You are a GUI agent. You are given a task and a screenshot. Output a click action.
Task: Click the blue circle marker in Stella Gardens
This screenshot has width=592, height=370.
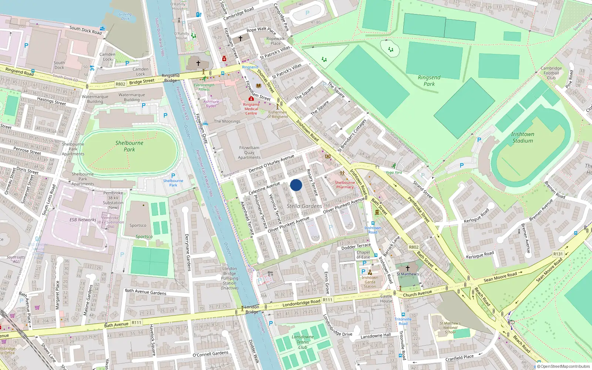click(x=296, y=185)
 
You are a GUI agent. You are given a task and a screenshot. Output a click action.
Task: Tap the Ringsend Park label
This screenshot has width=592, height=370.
click(x=429, y=81)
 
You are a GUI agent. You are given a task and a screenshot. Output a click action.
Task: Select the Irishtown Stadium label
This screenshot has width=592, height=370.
click(x=522, y=137)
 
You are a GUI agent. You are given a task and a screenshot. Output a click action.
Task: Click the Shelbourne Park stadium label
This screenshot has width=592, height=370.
click(x=129, y=146)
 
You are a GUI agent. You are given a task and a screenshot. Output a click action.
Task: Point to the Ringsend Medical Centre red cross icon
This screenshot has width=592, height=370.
click(x=251, y=99)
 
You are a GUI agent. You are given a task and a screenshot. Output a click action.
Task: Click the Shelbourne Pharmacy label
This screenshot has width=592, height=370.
click(x=345, y=185)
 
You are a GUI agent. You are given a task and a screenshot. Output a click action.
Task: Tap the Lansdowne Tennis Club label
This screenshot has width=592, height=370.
click(x=303, y=342)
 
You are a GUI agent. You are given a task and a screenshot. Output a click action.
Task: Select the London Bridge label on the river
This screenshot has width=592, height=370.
click(x=252, y=309)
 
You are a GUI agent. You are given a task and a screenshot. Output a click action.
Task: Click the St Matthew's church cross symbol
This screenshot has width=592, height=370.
click(x=407, y=268)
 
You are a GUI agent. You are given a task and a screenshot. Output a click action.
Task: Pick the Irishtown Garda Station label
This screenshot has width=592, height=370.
click(x=370, y=282)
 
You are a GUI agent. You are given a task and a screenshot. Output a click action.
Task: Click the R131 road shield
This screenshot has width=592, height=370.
click(x=558, y=254)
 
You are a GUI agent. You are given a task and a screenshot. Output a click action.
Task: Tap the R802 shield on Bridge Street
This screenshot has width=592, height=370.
click(x=120, y=84)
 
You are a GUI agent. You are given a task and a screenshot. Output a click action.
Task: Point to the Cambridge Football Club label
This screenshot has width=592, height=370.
click(x=551, y=73)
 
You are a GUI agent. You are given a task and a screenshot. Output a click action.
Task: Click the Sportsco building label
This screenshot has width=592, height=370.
click(x=138, y=225)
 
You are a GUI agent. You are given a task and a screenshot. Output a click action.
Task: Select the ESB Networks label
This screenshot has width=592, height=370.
click(x=83, y=220)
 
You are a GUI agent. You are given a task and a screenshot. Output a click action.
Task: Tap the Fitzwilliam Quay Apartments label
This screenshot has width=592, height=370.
click(x=249, y=152)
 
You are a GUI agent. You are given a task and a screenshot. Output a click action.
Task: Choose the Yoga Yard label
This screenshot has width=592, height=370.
click(x=394, y=172)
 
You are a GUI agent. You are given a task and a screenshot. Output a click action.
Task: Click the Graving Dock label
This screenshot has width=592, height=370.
click(x=125, y=16)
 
